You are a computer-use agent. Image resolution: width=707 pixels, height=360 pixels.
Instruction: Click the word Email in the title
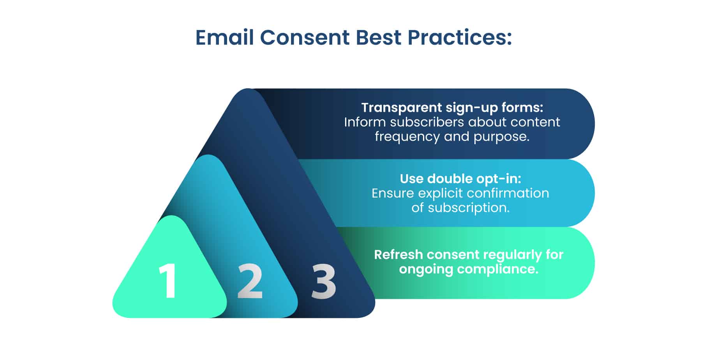(x=225, y=37)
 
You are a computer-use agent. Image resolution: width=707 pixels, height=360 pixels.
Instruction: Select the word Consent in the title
(x=305, y=38)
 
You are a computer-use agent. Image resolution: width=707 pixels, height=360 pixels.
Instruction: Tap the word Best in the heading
(x=379, y=38)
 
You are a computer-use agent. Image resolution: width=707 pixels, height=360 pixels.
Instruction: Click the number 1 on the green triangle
(x=168, y=281)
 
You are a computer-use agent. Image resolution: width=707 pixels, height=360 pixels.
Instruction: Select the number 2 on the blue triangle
(x=250, y=281)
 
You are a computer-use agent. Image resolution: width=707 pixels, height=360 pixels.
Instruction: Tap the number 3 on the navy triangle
(x=323, y=281)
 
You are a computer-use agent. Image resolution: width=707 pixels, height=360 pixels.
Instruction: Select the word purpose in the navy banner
(x=501, y=137)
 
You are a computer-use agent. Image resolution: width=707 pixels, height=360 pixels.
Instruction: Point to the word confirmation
(x=508, y=193)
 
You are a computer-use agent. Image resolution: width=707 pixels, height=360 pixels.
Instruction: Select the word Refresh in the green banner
(x=398, y=255)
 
